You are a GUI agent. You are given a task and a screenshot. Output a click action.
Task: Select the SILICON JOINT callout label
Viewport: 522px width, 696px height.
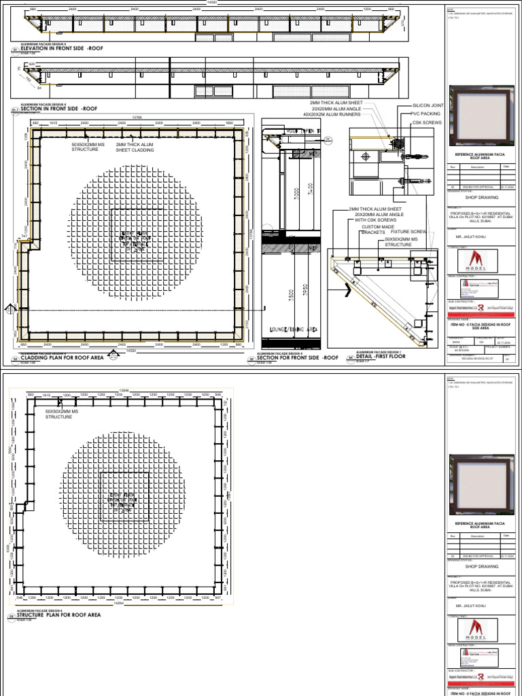pyautogui.click(x=428, y=107)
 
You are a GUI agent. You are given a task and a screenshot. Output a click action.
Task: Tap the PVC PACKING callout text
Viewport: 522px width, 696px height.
pyautogui.click(x=426, y=114)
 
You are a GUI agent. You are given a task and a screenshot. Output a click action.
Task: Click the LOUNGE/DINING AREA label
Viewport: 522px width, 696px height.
pyautogui.click(x=293, y=329)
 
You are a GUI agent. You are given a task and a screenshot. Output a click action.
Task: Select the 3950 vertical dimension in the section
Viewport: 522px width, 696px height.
pyautogui.click(x=307, y=290)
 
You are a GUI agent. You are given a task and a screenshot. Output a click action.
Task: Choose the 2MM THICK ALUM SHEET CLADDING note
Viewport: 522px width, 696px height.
pyautogui.click(x=135, y=147)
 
